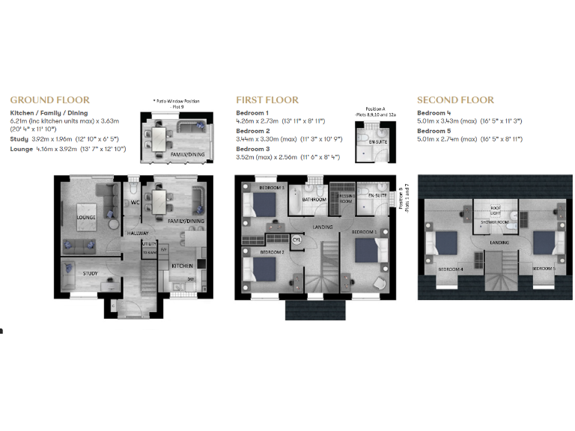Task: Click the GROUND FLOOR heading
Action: pos(49,100)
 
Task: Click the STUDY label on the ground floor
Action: pos(91,274)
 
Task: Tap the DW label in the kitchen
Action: pos(190,280)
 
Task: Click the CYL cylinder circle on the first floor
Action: pos(296,240)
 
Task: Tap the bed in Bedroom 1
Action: pos(365,249)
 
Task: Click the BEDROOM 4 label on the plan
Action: pos(450,268)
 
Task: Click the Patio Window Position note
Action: pos(177,103)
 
